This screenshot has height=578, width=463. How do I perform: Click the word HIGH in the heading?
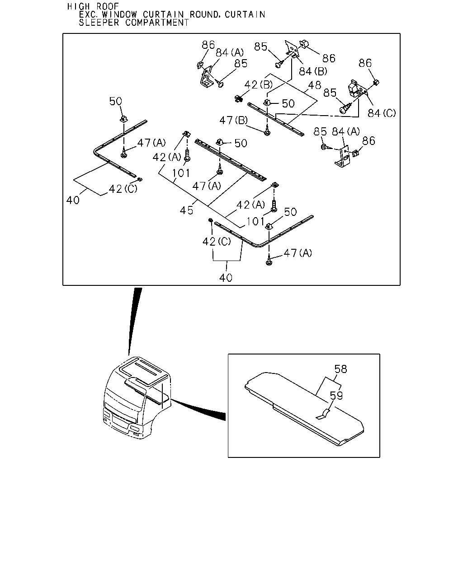[x=78, y=6]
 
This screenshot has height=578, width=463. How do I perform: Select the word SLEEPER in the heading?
[x=99, y=23]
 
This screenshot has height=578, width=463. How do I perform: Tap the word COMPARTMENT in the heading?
[x=157, y=23]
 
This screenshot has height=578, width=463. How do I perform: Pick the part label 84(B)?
[x=313, y=71]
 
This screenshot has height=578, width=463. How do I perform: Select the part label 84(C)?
[x=382, y=113]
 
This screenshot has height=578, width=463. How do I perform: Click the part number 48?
[x=315, y=85]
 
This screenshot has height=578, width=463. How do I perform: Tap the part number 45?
[x=186, y=210]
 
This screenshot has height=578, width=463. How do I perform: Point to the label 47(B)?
[x=233, y=120]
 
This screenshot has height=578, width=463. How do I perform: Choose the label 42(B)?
[x=258, y=84]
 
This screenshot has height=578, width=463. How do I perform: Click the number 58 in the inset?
[x=340, y=369]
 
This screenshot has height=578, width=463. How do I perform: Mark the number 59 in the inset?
[x=336, y=396]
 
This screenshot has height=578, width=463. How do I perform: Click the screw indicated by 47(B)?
[x=267, y=131]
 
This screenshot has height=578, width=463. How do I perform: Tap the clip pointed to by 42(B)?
[x=238, y=98]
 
